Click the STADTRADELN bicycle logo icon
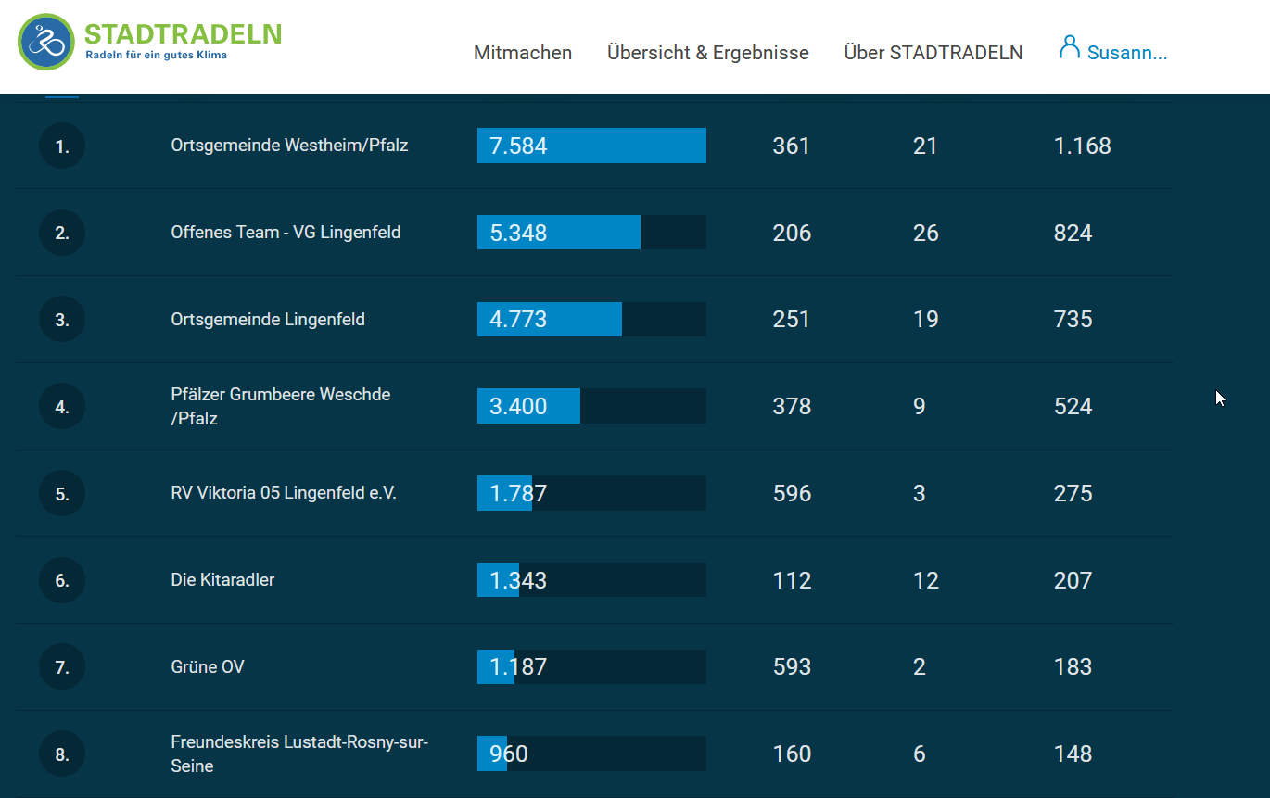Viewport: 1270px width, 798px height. point(46,42)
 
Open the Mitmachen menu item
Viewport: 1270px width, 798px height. point(523,53)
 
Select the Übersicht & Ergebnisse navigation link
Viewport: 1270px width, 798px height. point(708,53)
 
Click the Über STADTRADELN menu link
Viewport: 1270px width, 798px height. point(933,53)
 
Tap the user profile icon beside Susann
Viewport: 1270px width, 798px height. point(1070,47)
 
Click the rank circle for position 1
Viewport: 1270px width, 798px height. point(62,146)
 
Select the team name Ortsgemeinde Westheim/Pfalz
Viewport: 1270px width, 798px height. point(289,146)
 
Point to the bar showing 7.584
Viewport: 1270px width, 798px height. point(591,146)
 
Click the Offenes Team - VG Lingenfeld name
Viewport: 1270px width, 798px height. point(286,233)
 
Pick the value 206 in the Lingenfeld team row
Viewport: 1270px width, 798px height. point(792,233)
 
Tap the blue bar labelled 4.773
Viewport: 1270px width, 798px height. point(550,320)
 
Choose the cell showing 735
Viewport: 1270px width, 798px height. point(1073,320)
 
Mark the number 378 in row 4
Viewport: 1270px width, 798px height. point(792,407)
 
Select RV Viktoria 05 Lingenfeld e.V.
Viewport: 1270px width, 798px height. point(284,493)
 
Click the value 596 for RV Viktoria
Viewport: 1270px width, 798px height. point(792,494)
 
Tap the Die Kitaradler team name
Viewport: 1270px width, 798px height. point(222,580)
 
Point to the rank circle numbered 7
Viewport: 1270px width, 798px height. point(62,667)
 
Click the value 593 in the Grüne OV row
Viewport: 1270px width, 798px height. point(792,667)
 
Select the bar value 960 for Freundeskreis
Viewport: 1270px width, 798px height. point(509,754)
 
